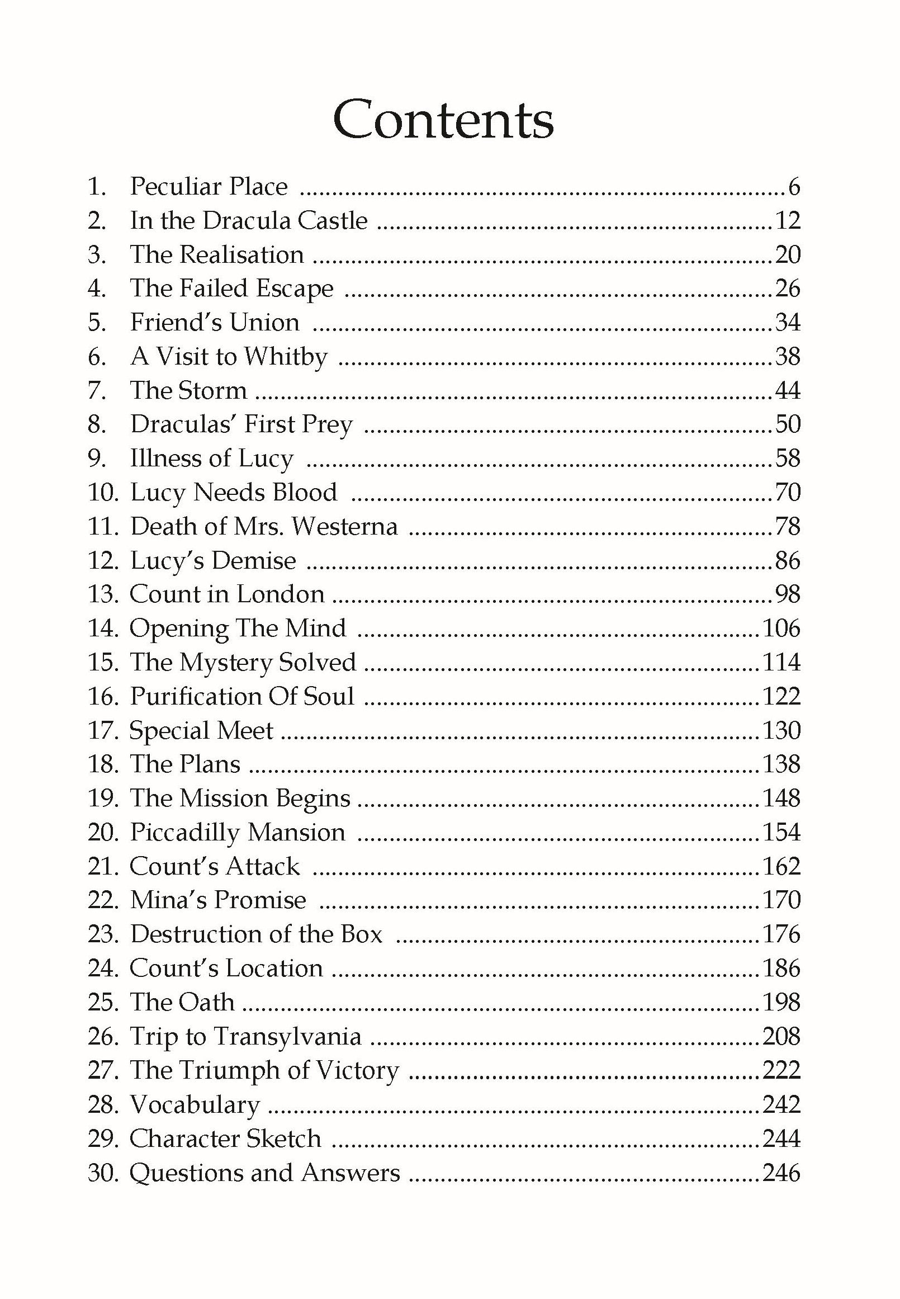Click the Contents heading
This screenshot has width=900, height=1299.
[444, 121]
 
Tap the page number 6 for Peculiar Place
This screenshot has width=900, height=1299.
[793, 187]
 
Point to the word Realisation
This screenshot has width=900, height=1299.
[241, 254]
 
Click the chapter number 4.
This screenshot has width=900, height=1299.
[96, 289]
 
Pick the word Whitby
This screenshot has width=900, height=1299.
[286, 357]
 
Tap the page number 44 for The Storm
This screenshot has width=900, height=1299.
[788, 390]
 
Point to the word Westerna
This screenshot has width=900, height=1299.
[344, 526]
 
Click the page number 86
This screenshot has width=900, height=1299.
[788, 561]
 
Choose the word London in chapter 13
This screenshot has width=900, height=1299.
[280, 594]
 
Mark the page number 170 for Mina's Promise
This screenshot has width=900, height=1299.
[781, 900]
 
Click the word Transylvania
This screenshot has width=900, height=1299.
[287, 1037]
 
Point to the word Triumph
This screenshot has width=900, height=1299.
[231, 1070]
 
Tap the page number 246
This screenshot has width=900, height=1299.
[781, 1173]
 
